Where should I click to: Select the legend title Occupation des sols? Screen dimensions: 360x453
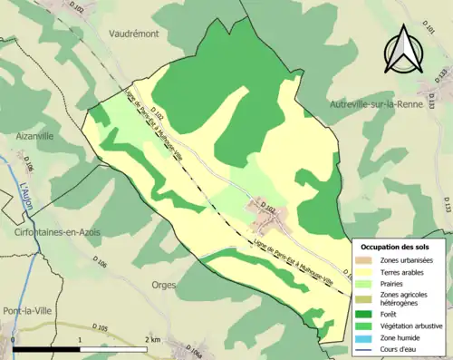tap(400, 247)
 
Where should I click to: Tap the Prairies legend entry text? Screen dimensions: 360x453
tap(398, 282)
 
